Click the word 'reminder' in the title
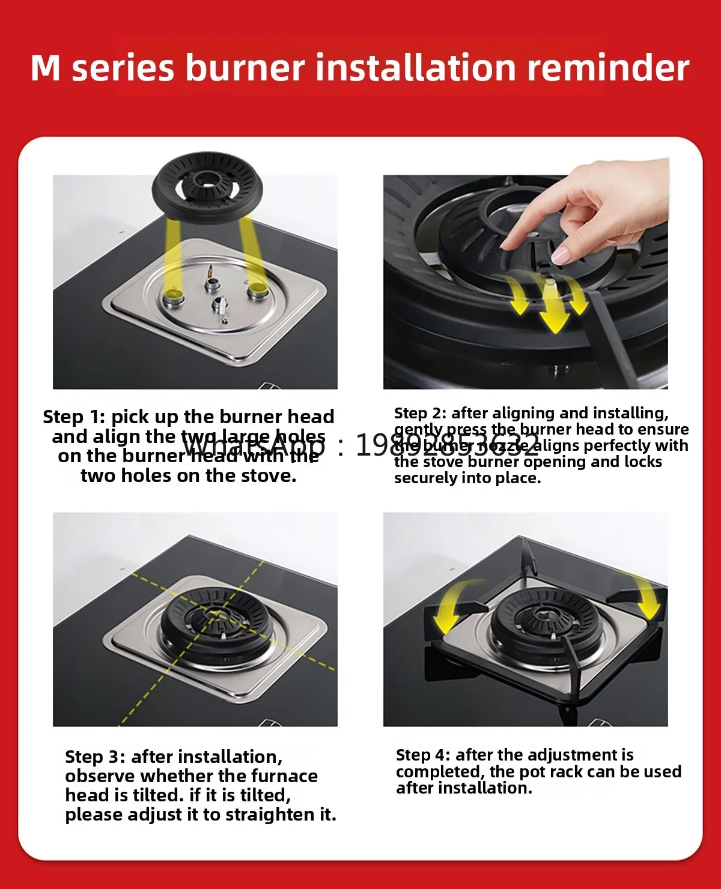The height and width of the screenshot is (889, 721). click(607, 67)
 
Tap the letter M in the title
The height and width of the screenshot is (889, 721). click(46, 68)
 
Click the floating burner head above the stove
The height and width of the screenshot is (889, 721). click(208, 184)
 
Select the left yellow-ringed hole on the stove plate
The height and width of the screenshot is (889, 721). click(175, 294)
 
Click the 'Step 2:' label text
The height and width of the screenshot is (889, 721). click(421, 413)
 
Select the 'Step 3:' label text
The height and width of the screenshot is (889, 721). click(96, 757)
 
